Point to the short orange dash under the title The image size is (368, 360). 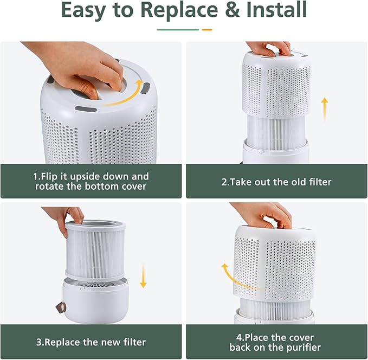click(207, 29)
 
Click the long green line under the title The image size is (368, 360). click(177, 29)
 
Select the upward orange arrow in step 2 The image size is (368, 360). click(324, 108)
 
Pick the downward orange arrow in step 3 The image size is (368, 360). click(143, 276)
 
